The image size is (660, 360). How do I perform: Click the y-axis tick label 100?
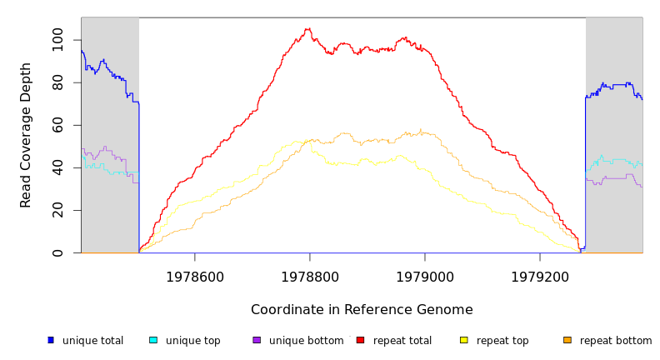point(57,39)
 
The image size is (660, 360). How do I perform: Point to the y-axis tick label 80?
point(57,82)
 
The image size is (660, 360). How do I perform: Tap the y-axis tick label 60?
point(57,125)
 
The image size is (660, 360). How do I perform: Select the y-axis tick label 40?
point(57,167)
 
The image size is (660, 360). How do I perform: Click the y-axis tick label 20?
point(57,210)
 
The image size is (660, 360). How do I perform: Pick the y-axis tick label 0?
point(57,252)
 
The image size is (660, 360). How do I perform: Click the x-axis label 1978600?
point(195,277)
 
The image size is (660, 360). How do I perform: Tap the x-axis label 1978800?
point(310,277)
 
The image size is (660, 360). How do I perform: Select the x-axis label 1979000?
point(425,277)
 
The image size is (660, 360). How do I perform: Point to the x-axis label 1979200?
point(540,277)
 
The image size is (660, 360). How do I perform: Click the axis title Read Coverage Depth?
point(26,135)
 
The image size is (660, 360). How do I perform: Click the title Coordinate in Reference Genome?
point(362,310)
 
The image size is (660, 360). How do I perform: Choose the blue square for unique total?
point(51,340)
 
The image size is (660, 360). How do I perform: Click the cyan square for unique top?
point(153,340)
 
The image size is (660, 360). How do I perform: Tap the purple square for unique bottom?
point(257,340)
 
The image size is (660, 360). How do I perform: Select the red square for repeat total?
point(360,340)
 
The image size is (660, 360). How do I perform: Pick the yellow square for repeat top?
point(464,340)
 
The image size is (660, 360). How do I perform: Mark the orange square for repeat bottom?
point(567,340)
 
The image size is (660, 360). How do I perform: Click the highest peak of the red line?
point(307,29)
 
